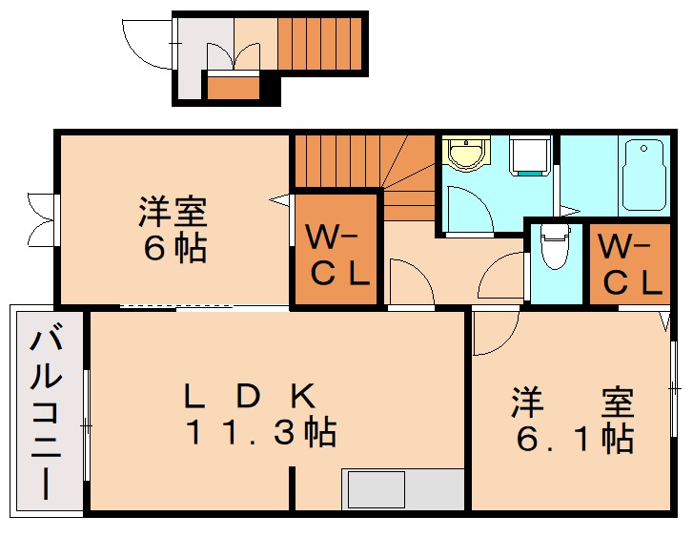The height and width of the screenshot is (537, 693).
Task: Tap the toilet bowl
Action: tap(553, 250)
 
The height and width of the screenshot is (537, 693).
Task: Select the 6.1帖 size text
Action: tap(575, 439)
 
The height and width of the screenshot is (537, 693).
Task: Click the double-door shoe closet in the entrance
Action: tap(233, 60)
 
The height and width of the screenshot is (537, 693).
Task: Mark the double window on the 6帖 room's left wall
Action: tap(43, 219)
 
